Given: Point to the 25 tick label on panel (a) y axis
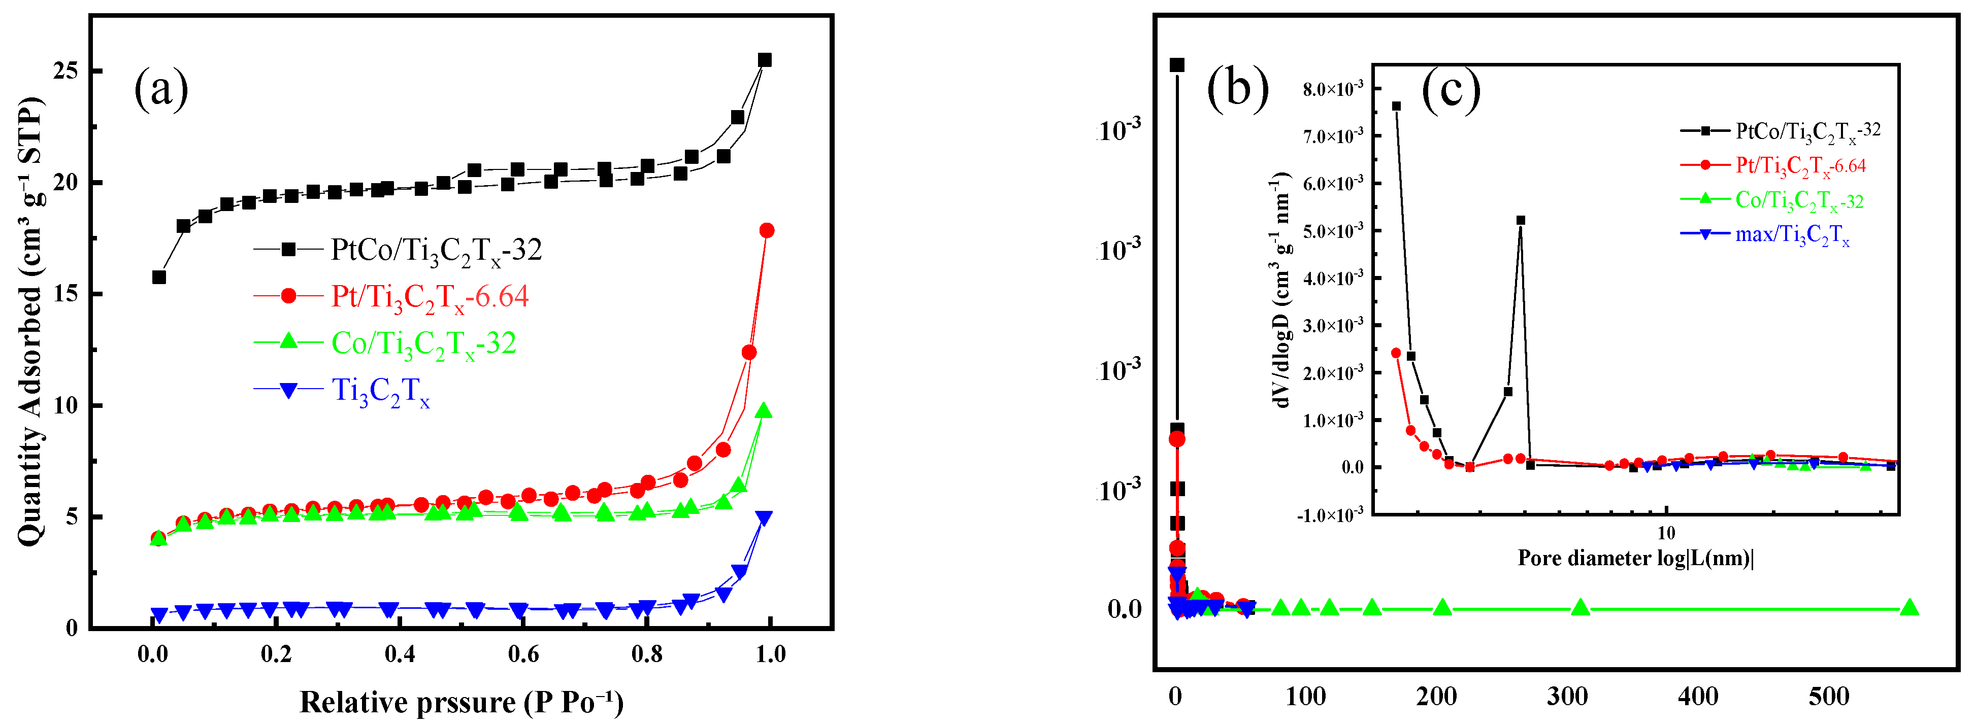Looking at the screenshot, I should (67, 71).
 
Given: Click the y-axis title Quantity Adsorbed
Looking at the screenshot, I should (30, 322).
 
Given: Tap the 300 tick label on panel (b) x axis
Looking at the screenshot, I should (1567, 696).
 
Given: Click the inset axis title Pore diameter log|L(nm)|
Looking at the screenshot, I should (1635, 558).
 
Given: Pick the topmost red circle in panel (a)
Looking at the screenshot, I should (767, 231).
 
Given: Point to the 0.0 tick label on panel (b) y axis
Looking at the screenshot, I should (1125, 609).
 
